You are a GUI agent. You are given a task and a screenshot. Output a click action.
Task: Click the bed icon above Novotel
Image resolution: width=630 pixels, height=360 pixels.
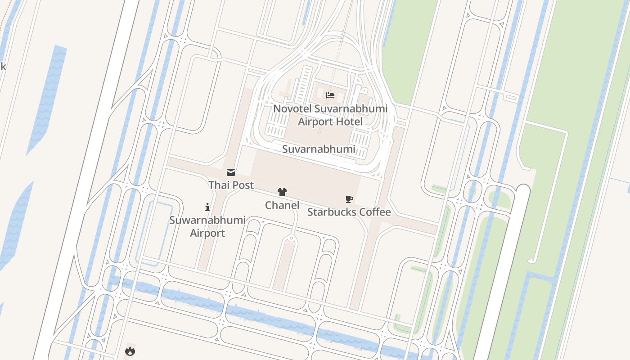pos(330,95)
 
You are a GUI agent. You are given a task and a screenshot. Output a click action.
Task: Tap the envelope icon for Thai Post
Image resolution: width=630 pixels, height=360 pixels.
pos(231,172)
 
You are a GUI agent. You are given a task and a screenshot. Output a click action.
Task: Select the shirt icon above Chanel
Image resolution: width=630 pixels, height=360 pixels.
pos(282,193)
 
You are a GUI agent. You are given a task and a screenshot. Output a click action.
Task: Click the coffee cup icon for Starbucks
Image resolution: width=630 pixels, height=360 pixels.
pos(349,199)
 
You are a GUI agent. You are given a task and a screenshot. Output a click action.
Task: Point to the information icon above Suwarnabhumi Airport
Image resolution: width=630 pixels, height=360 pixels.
pos(207,207)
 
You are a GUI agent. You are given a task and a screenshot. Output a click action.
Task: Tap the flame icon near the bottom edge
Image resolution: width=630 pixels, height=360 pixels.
pos(130,351)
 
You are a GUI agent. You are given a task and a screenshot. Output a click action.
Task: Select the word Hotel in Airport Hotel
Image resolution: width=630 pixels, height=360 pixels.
pos(348,121)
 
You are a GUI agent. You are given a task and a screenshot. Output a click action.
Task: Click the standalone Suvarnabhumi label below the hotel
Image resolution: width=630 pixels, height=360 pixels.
pos(319,149)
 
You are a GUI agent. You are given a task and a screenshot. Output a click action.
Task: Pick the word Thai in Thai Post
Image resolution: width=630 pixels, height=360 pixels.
pos(218,185)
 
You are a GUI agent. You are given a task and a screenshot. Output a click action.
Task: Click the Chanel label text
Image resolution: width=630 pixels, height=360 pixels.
pos(282,205)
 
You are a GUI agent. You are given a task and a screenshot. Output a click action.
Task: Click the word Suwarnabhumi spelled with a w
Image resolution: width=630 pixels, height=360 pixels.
pos(207,220)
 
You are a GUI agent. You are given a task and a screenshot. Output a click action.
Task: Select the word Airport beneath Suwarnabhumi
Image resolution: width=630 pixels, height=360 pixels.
pos(207,233)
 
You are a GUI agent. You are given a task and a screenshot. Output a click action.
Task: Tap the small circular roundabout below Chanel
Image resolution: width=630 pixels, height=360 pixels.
pos(292,238)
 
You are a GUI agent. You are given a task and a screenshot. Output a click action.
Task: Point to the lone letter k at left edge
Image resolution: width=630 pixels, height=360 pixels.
pos(3,67)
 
